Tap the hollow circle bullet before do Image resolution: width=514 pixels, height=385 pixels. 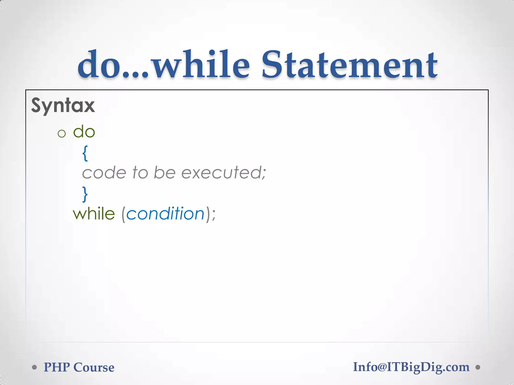click(x=61, y=133)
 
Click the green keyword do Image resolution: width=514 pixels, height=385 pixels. click(x=84, y=132)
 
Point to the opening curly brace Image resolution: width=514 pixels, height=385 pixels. click(x=85, y=153)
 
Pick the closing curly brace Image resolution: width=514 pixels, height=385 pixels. click(x=85, y=194)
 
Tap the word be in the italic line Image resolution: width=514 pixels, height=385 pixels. click(x=165, y=173)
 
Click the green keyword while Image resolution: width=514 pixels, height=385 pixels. click(x=94, y=214)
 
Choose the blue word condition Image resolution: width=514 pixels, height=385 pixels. click(x=165, y=214)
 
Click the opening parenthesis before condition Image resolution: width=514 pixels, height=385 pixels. click(x=123, y=215)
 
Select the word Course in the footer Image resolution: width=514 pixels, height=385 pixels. click(x=94, y=367)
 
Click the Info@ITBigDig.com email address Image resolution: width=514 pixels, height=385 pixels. click(x=411, y=367)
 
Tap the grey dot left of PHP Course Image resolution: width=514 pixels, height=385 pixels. click(x=35, y=367)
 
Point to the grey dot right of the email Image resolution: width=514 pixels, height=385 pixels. click(x=478, y=367)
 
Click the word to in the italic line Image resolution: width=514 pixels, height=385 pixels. click(x=140, y=173)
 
